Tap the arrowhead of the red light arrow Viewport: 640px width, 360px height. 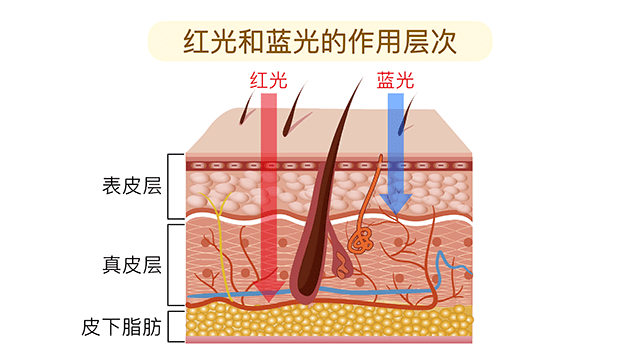click(267, 292)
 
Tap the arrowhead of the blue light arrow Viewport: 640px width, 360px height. click(397, 204)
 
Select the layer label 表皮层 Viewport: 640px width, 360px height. click(132, 186)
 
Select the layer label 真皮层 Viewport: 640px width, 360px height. click(132, 265)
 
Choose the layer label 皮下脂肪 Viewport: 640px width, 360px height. click(122, 326)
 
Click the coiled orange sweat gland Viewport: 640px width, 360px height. click(361, 240)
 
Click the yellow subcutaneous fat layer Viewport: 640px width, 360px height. click(330, 321)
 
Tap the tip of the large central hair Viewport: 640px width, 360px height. click(357, 81)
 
